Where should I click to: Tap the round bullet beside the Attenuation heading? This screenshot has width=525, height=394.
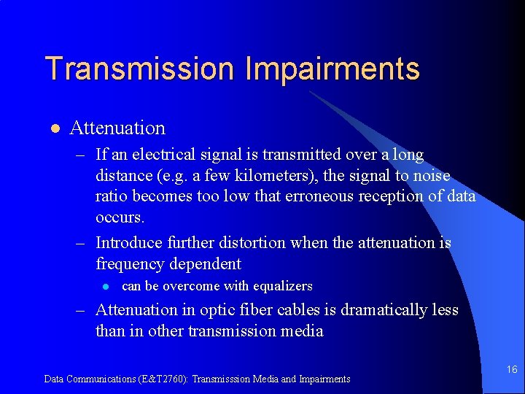coord(54,129)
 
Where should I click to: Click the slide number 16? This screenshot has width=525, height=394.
coord(512,370)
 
